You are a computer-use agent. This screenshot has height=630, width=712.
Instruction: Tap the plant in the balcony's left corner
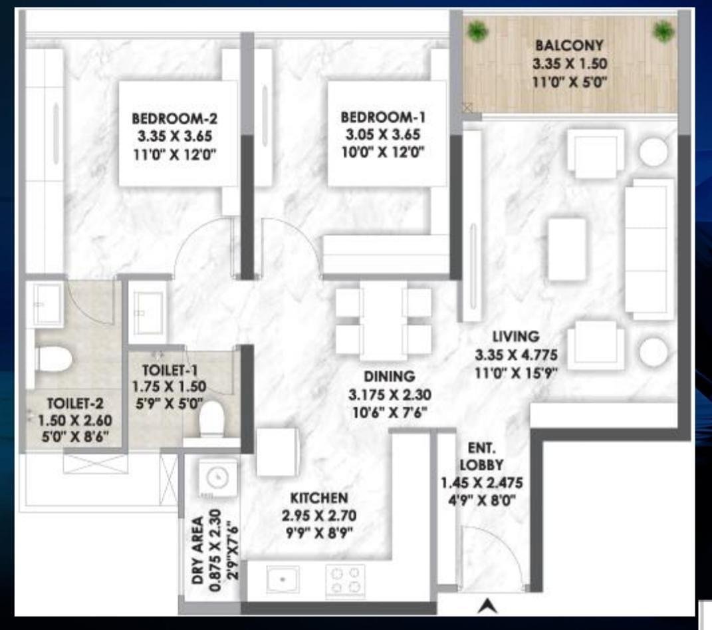(476, 31)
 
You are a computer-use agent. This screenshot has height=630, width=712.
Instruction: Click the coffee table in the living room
(567, 248)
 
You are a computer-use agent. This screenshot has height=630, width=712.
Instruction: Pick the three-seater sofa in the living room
(649, 249)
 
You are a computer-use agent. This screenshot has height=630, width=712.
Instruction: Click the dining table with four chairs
(384, 320)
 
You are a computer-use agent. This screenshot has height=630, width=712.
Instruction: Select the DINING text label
(380, 377)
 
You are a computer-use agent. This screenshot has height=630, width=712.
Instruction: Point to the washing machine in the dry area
(217, 477)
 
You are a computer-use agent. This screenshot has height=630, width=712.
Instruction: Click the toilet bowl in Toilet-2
(53, 359)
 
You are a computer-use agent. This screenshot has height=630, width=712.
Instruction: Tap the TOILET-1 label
(170, 370)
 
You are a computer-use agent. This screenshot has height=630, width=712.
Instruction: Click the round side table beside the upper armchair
(653, 152)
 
